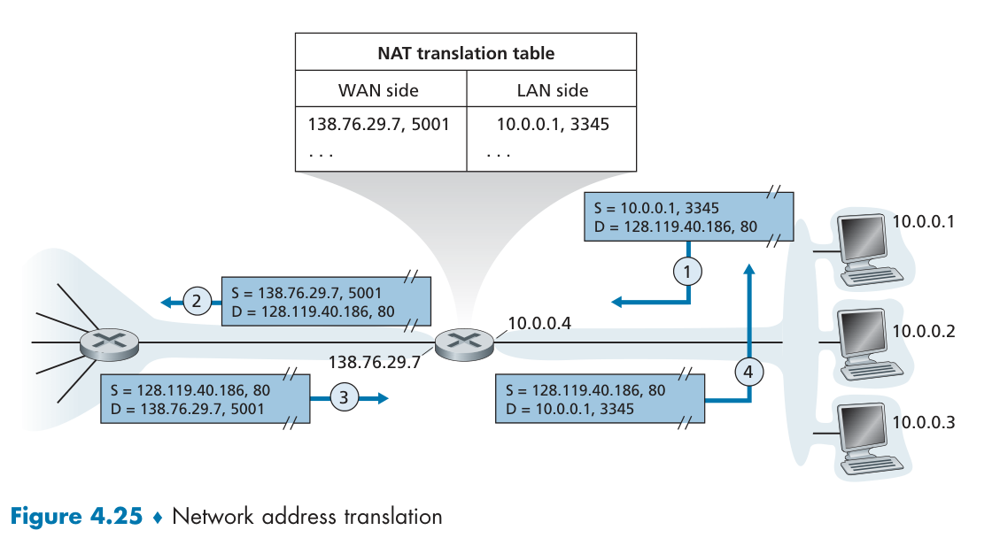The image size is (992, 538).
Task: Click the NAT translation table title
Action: [466, 53]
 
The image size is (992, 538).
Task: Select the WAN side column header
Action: [378, 90]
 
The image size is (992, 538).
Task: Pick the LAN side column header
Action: [552, 90]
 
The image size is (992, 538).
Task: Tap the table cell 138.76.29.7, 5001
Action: [378, 124]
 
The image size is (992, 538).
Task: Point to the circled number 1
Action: [687, 271]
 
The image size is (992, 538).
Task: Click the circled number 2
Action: [197, 302]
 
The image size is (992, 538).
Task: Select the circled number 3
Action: [344, 398]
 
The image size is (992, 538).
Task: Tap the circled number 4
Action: [748, 373]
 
